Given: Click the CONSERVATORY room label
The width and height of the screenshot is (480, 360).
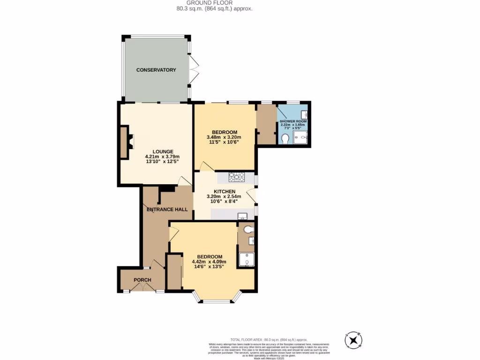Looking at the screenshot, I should (x=156, y=70).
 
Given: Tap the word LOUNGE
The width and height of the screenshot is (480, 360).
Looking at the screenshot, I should (x=162, y=151).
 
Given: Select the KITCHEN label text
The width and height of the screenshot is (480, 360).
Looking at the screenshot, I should (x=224, y=191).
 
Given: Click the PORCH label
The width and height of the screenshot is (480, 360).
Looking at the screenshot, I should (x=142, y=280).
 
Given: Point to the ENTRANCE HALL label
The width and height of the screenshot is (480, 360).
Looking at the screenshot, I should (x=167, y=210).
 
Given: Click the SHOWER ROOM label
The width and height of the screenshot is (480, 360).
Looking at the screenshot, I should (x=293, y=121).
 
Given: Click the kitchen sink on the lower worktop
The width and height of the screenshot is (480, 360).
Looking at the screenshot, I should (x=242, y=216).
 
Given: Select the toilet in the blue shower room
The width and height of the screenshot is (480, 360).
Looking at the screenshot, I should (x=285, y=139).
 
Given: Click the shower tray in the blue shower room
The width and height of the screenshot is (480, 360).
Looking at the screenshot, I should (x=300, y=137).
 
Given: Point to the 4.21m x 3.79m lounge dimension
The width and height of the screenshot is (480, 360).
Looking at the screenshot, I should (x=162, y=157).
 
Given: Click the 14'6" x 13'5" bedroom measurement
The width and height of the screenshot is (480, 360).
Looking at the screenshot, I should (x=209, y=267).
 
